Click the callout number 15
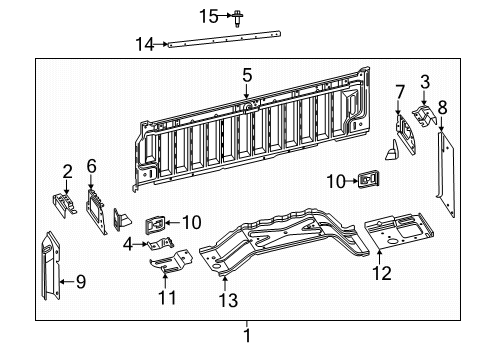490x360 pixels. tap(207, 15)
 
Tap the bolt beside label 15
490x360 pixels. tap(240, 16)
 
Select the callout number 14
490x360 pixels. tap(145, 43)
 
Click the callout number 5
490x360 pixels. tap(247, 73)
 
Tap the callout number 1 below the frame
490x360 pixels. tap(245, 336)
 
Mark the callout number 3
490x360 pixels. tap(424, 81)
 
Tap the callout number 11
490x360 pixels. tap(167, 297)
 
